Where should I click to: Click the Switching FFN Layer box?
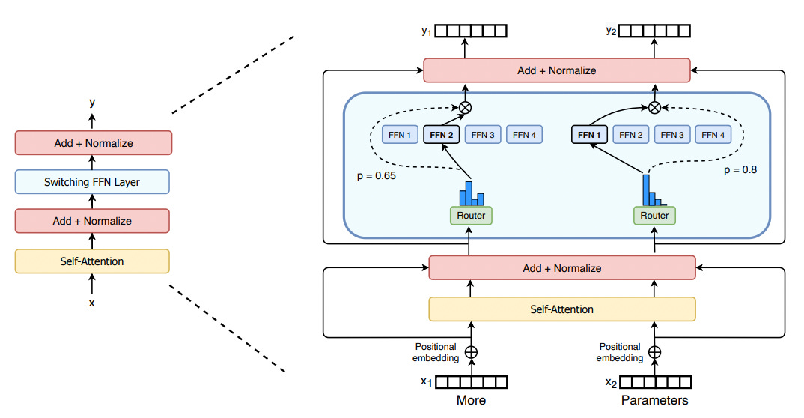pyautogui.click(x=92, y=181)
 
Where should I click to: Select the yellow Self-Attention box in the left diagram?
pyautogui.click(x=92, y=261)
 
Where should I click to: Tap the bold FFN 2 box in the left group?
pyautogui.click(x=442, y=135)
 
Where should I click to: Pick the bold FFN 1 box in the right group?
pyautogui.click(x=589, y=135)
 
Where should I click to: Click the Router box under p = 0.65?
pyautogui.click(x=471, y=216)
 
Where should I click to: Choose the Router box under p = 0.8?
pyautogui.click(x=654, y=216)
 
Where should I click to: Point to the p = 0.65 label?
pyautogui.click(x=377, y=176)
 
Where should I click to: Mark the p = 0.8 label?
pyautogui.click(x=740, y=170)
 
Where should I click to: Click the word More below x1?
pyautogui.click(x=471, y=400)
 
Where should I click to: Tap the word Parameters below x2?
pyautogui.click(x=655, y=400)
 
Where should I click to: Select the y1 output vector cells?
pyautogui.click(x=471, y=31)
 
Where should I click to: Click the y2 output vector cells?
pyautogui.click(x=654, y=31)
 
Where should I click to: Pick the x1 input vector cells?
pyautogui.click(x=471, y=382)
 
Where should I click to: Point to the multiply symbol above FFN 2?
pyautogui.click(x=465, y=108)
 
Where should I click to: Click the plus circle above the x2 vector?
pyautogui.click(x=655, y=352)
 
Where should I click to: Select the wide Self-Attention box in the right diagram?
pyautogui.click(x=562, y=309)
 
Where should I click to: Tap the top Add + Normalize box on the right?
pyautogui.click(x=557, y=70)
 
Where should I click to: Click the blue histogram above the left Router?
pyautogui.click(x=472, y=193)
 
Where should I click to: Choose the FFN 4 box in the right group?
pyautogui.click(x=713, y=135)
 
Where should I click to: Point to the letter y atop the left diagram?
pyautogui.click(x=92, y=103)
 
